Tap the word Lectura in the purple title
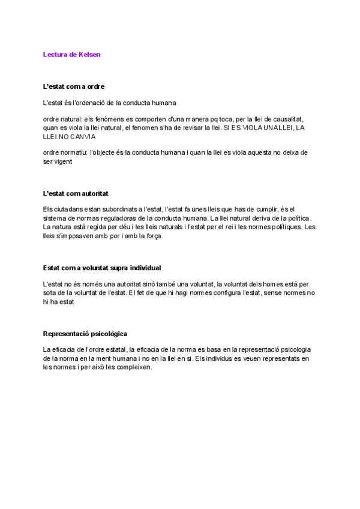pyautogui.click(x=56, y=55)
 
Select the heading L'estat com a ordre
pyautogui.click(x=74, y=86)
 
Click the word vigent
pyautogui.click(x=62, y=161)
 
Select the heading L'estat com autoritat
pyautogui.click(x=76, y=194)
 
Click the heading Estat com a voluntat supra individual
pyautogui.click(x=102, y=268)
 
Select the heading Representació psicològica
pyautogui.click(x=85, y=333)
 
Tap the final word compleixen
pyautogui.click(x=131, y=367)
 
